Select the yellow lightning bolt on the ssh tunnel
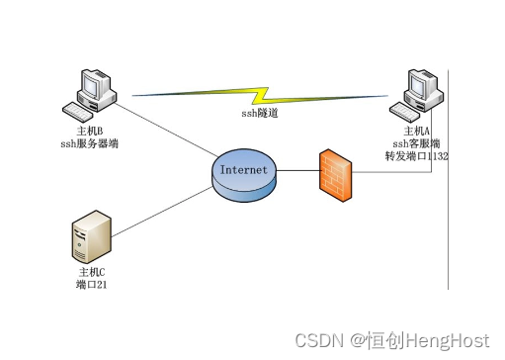tap(266, 97)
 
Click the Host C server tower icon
tap(87, 237)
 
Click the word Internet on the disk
tap(244, 169)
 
